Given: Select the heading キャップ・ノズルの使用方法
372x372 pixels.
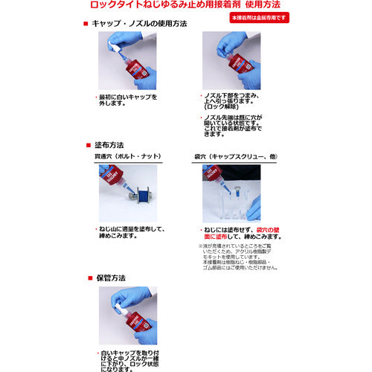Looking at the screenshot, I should tap(141, 24).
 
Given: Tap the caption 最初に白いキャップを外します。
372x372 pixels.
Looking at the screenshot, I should tap(128, 101).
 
